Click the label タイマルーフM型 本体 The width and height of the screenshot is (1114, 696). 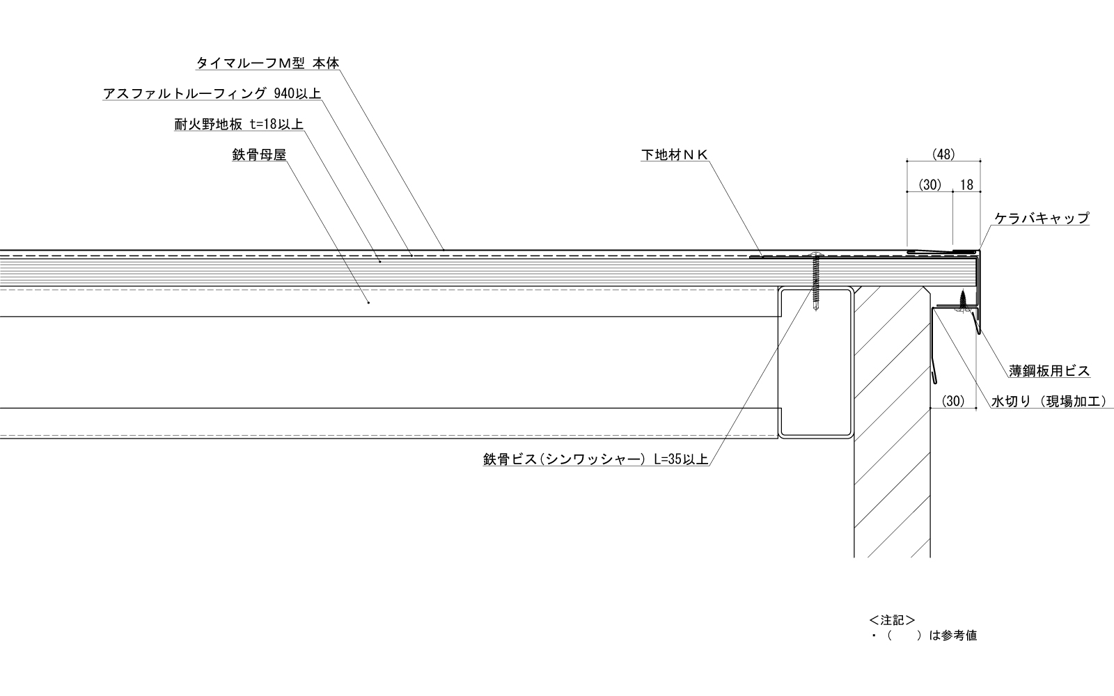tap(267, 63)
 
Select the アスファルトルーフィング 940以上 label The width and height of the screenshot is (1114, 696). tap(212, 94)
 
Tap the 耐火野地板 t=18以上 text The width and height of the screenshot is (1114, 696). tap(239, 125)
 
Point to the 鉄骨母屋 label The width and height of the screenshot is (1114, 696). tap(259, 155)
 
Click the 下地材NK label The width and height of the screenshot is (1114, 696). tap(675, 155)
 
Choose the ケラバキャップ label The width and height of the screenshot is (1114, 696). tap(1042, 219)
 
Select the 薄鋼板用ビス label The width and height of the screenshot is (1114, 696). tap(1049, 371)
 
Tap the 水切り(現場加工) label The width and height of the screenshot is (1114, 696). tap(1048, 402)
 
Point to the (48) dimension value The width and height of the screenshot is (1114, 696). tap(943, 154)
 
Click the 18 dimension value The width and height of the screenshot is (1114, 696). tap(966, 184)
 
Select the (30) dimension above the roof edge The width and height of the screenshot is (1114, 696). tap(929, 184)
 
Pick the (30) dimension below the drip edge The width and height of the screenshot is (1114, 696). tap(953, 401)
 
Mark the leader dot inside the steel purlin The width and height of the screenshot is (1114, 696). tap(368, 303)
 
